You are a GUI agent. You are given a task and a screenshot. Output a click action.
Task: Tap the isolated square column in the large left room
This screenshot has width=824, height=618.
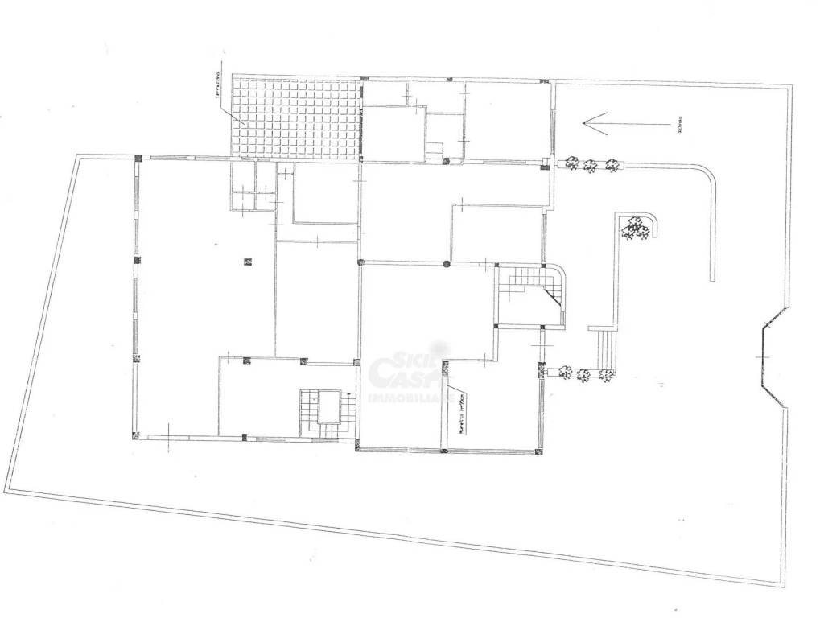pyautogui.click(x=248, y=259)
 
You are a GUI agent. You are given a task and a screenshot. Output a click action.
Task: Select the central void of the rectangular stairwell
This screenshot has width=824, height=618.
pyautogui.click(x=328, y=406)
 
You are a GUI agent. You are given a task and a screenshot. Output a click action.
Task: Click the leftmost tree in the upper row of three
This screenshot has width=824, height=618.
pyautogui.click(x=571, y=163)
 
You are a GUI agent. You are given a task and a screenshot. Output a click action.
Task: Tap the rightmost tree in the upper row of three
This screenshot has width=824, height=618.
pyautogui.click(x=612, y=165)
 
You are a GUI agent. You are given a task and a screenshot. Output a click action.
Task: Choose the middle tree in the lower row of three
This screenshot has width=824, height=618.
pyautogui.click(x=584, y=374)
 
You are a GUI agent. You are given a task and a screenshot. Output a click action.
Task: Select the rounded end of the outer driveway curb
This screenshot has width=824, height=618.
pyautogui.click(x=712, y=278)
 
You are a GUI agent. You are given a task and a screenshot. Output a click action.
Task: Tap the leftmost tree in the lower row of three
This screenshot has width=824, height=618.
pyautogui.click(x=566, y=373)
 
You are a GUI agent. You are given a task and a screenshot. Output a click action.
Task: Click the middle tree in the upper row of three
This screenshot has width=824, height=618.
pyautogui.click(x=591, y=166)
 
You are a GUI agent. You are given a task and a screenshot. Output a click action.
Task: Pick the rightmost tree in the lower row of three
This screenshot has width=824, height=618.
pyautogui.click(x=606, y=374)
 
